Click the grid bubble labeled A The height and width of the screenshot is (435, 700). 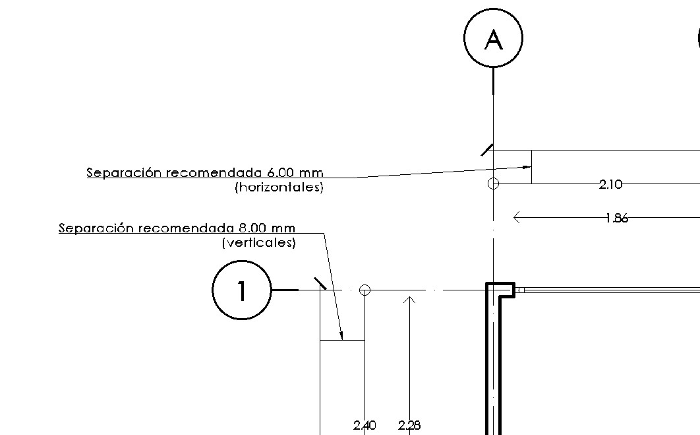tap(493, 38)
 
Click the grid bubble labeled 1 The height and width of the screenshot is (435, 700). tap(242, 290)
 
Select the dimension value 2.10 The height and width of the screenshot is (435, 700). tap(610, 185)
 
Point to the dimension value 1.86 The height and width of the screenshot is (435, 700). tap(616, 218)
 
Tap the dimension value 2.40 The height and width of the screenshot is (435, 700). tap(365, 426)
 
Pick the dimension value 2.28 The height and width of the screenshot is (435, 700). tap(409, 426)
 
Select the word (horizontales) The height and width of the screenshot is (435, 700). tap(279, 187)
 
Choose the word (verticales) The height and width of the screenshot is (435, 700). tap(259, 243)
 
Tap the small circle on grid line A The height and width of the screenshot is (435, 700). tap(493, 184)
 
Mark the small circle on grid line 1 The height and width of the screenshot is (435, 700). tap(365, 290)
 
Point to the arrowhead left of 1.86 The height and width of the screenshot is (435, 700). tap(517, 217)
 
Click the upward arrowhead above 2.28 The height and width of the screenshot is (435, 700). tap(409, 300)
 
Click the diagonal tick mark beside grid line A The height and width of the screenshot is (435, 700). tap(487, 150)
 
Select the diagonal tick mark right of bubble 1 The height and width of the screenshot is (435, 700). tap(320, 283)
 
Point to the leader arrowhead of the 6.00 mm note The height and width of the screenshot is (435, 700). tap(527, 167)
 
